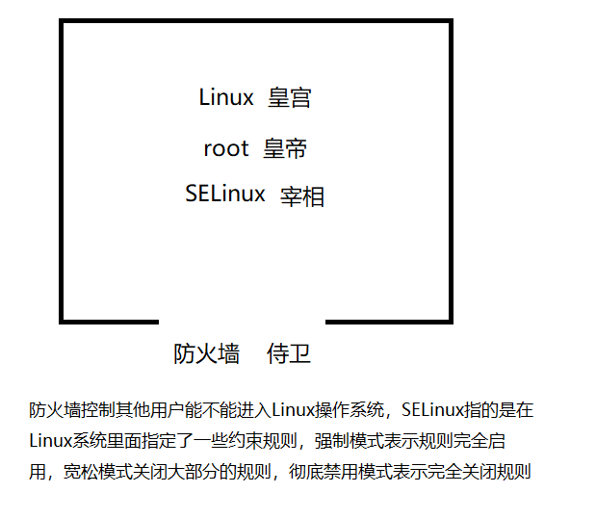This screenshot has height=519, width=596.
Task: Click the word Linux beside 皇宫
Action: [x=226, y=97]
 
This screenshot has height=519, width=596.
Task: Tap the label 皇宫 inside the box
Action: [x=290, y=97]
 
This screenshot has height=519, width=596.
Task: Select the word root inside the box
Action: [x=226, y=148]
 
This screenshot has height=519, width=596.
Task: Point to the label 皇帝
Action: [x=284, y=148]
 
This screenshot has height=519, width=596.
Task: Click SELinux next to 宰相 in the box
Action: [x=225, y=194]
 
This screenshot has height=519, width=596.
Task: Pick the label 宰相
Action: [x=302, y=196]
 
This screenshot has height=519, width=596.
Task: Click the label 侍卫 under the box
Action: [x=289, y=353]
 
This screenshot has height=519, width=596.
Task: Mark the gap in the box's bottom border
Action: [x=242, y=321]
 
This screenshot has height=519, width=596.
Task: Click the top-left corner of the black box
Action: [x=63, y=22]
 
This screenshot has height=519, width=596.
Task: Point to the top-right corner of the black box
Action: [x=450, y=22]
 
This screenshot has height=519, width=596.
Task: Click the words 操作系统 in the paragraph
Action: [x=350, y=410]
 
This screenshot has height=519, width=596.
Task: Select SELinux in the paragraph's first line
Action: [x=430, y=410]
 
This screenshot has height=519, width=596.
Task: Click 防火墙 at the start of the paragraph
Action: [x=54, y=410]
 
